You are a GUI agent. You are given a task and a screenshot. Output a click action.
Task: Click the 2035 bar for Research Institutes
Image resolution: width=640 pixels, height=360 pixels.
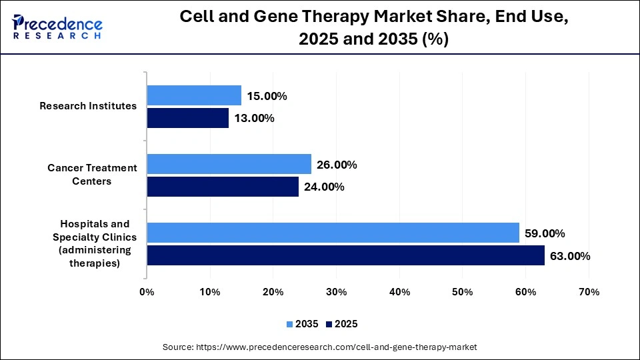pyautogui.click(x=194, y=96)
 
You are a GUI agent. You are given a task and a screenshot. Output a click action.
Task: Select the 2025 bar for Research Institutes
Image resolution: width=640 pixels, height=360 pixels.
pyautogui.click(x=187, y=119)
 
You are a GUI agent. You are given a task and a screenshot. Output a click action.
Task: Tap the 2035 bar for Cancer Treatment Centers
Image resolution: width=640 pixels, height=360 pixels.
pyautogui.click(x=229, y=164)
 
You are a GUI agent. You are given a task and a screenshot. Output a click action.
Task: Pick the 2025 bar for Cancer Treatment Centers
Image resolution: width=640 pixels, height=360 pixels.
pyautogui.click(x=223, y=187)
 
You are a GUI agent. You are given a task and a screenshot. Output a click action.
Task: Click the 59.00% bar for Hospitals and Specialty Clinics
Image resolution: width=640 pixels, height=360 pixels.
pyautogui.click(x=333, y=233)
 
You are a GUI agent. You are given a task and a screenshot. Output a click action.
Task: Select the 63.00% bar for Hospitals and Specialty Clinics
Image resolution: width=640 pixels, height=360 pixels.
pyautogui.click(x=345, y=255)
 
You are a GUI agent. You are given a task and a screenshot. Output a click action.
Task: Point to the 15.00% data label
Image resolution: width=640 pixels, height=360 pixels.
pyautogui.click(x=267, y=96)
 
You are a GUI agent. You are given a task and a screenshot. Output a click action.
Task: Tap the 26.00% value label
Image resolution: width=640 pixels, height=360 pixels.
pyautogui.click(x=337, y=165)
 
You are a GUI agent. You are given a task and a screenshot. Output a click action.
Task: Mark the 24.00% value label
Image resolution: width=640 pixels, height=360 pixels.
pyautogui.click(x=324, y=187)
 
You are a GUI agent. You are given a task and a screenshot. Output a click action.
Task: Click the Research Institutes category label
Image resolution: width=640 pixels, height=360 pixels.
pyautogui.click(x=88, y=106)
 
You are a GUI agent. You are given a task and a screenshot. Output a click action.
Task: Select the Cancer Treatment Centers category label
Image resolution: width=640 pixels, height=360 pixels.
pyautogui.click(x=92, y=175)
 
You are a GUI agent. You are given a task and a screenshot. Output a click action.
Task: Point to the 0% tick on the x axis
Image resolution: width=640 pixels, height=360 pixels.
pyautogui.click(x=147, y=292)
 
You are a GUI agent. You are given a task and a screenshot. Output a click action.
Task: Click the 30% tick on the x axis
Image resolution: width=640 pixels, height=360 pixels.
pyautogui.click(x=336, y=292)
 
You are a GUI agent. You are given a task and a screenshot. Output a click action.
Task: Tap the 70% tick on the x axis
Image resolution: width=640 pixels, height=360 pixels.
pyautogui.click(x=589, y=292)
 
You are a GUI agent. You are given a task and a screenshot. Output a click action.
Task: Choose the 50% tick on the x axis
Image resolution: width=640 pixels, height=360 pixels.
pyautogui.click(x=463, y=292)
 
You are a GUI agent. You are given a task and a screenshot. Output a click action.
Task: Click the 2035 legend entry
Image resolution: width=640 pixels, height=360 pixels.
pyautogui.click(x=303, y=324)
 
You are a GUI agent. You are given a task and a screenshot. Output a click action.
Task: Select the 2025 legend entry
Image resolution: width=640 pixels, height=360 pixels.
pyautogui.click(x=342, y=324)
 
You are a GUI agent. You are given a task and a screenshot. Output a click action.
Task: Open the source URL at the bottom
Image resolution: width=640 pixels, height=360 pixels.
pyautogui.click(x=320, y=347)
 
